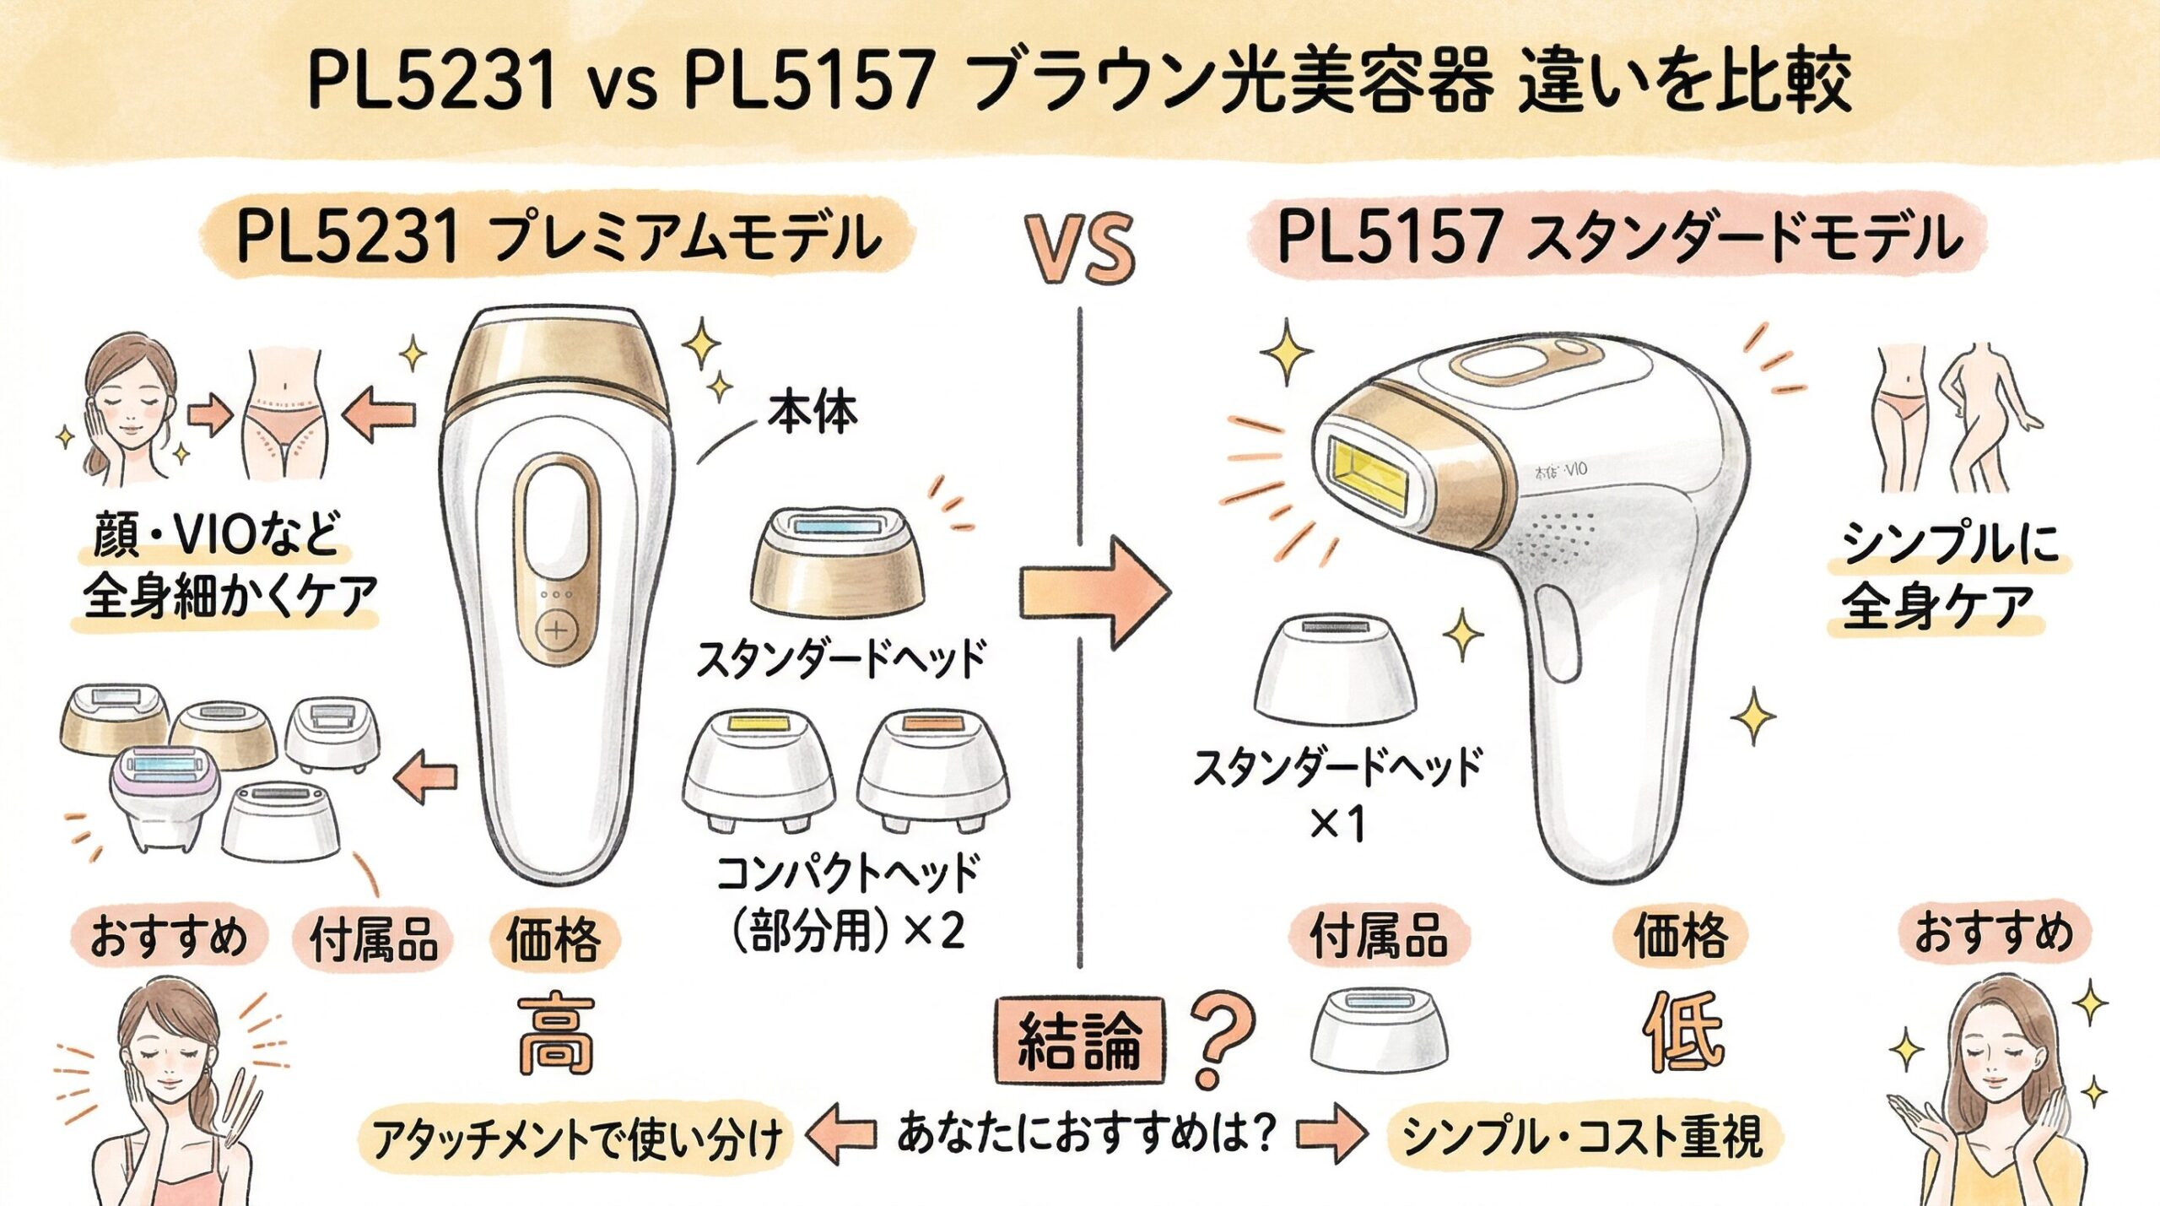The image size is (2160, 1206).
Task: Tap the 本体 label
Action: coord(812,414)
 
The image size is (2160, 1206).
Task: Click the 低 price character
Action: coord(1682,1031)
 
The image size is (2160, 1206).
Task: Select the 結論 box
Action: coord(1079,1041)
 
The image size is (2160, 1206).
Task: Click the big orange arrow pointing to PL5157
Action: coord(1094,591)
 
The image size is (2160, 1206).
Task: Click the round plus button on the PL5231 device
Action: coord(557,630)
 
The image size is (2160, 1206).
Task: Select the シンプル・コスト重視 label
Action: coord(1583,1135)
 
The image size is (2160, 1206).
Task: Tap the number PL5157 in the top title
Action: coord(808,80)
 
